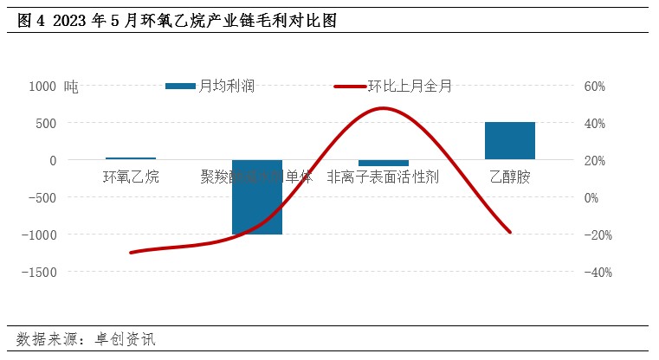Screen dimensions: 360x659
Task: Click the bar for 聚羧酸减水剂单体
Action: (257, 197)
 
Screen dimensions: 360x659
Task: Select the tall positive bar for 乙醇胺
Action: (510, 141)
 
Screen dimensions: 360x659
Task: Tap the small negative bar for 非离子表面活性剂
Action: (384, 163)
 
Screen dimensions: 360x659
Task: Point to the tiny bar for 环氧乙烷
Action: (131, 158)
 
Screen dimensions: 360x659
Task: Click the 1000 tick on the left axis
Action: (42, 87)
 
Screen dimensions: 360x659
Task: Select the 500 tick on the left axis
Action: (46, 124)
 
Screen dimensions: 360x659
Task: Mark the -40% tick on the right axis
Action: (598, 272)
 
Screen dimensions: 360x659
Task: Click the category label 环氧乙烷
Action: (131, 177)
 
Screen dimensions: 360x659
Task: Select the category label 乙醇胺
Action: (510, 177)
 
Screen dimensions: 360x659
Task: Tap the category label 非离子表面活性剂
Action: (384, 177)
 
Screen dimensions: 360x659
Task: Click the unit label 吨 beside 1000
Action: (71, 87)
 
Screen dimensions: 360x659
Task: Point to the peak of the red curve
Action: (382, 108)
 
